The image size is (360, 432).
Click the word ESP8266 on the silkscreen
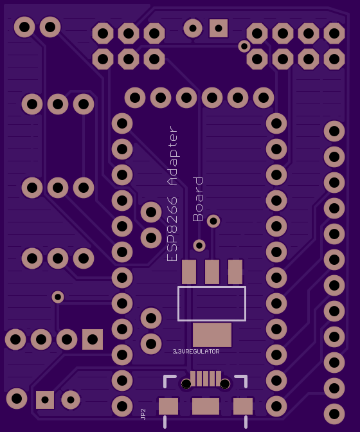[x=172, y=229]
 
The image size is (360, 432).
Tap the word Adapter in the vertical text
[x=174, y=156]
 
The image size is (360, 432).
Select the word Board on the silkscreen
[x=198, y=199]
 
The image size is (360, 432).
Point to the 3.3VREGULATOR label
[x=196, y=352]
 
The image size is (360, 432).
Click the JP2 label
[x=143, y=414]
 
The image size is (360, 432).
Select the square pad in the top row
[x=219, y=28]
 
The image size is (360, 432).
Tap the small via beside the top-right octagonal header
[x=244, y=46]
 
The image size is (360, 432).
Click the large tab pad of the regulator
[x=212, y=335]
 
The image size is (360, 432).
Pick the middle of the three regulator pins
[x=212, y=272]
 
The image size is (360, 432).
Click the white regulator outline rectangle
[x=212, y=287]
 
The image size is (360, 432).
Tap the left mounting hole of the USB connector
[x=186, y=384]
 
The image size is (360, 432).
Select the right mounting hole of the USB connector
[x=225, y=384]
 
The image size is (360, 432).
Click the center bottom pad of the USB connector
[x=206, y=406]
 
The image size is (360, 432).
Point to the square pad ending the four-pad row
[x=93, y=339]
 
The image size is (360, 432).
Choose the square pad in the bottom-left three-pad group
[x=45, y=400]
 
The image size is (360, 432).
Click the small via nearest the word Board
[x=213, y=221]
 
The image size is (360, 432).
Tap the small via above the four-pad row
[x=58, y=297]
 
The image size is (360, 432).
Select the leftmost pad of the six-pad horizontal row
[x=135, y=98]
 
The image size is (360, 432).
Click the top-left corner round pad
[x=24, y=27]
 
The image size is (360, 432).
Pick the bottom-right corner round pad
[x=334, y=414]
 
